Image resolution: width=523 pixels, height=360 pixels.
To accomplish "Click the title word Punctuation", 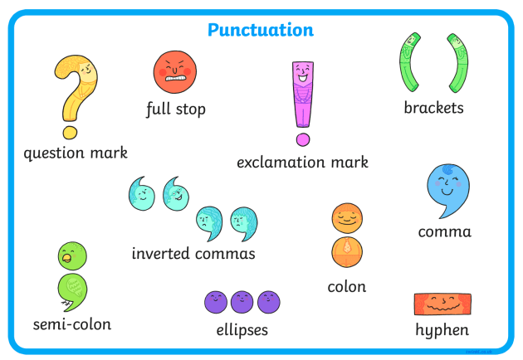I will (x=261, y=31).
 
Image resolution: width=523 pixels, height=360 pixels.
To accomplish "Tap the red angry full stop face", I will (x=175, y=71).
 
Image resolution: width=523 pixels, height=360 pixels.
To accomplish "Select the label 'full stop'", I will (x=175, y=109).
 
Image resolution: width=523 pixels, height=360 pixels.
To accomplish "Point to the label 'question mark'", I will (x=76, y=153).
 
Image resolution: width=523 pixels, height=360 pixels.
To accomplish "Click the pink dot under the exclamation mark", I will (x=303, y=139).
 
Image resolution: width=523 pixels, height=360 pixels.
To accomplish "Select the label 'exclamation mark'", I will (x=302, y=162).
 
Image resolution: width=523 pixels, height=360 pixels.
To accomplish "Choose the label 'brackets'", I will (x=433, y=107).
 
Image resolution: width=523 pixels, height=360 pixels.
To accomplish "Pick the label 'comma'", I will (x=444, y=231).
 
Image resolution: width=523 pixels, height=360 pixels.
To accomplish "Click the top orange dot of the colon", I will (x=345, y=219).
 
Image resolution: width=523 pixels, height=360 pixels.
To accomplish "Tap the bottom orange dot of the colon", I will (x=345, y=251).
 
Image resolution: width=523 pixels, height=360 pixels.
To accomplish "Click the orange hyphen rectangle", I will (x=442, y=304).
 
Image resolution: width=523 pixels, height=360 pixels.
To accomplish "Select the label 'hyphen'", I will (x=442, y=330).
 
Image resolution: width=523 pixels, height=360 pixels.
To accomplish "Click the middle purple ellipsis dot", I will (x=242, y=302).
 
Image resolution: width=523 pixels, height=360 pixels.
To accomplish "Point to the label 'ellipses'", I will (x=242, y=330).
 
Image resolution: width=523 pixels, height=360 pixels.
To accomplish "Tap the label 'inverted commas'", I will (x=193, y=253).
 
